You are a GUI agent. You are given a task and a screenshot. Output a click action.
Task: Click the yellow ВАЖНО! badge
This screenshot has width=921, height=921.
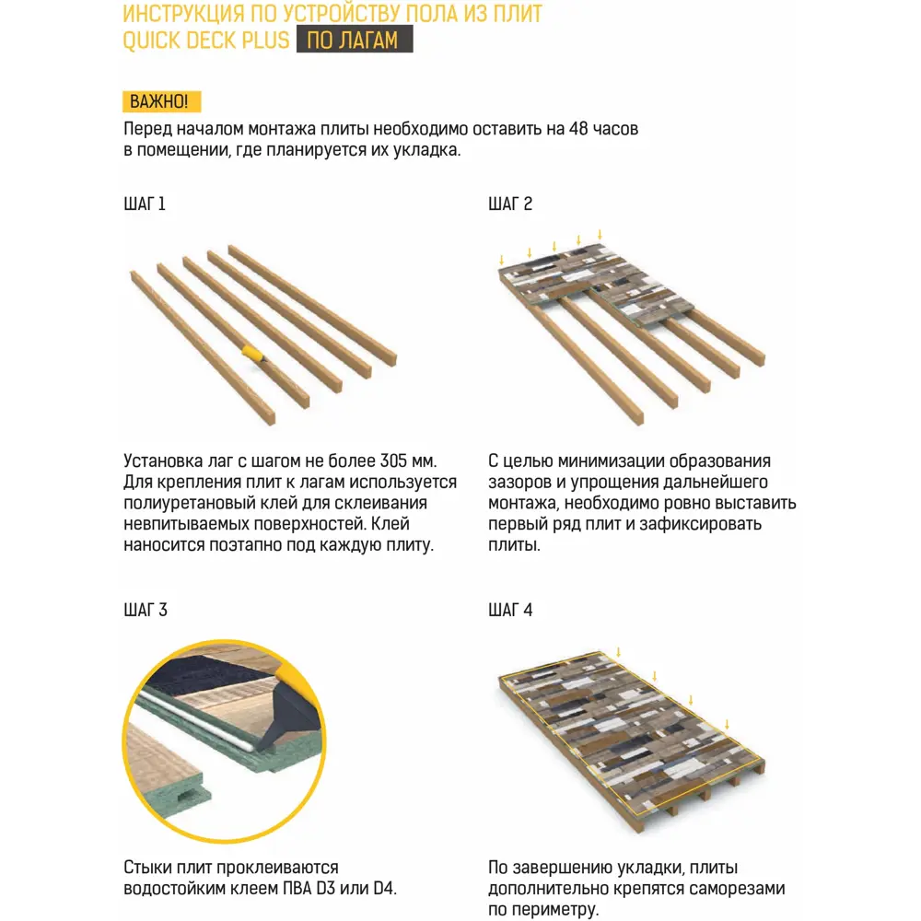coord(161,102)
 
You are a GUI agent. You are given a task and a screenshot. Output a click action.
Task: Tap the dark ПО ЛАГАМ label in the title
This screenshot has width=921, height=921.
coord(355,41)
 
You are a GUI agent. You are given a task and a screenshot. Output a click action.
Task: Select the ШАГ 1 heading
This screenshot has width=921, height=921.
coord(144,204)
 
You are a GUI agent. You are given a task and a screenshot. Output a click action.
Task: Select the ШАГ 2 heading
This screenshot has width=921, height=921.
coord(509,204)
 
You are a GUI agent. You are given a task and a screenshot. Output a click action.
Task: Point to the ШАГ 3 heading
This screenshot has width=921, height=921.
coord(145,610)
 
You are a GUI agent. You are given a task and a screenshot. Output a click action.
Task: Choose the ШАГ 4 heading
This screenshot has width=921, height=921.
coord(510,610)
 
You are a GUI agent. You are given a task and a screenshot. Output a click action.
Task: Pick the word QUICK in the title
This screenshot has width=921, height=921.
coord(153,41)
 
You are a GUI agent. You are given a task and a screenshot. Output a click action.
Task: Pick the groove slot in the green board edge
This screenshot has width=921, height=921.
coord(190,791)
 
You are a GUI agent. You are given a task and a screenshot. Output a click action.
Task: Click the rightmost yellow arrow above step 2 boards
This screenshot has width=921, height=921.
coord(600,234)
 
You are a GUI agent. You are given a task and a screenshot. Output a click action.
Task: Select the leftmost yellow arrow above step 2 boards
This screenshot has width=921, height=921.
coord(502,259)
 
